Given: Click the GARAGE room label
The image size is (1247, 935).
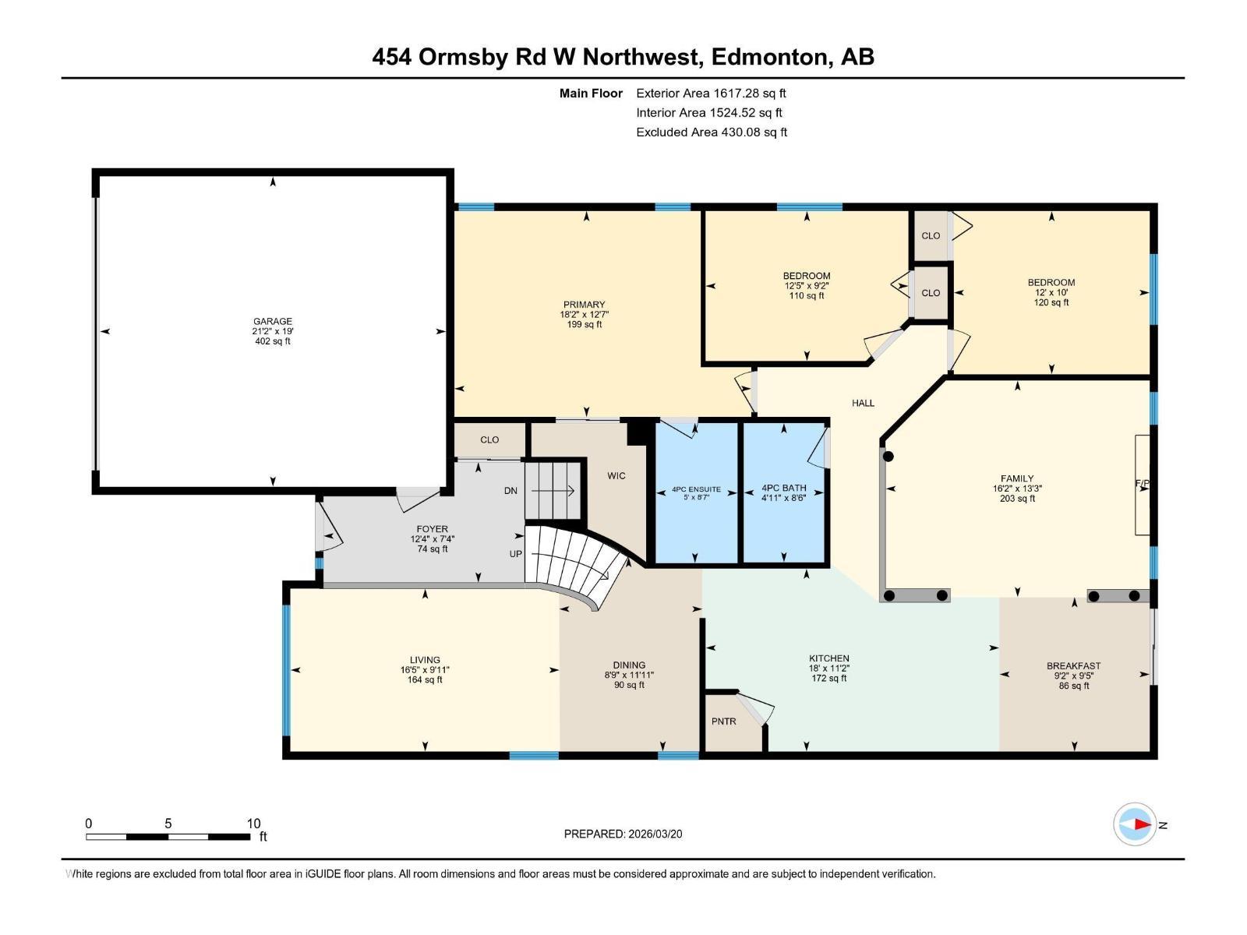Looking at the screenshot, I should [x=272, y=321].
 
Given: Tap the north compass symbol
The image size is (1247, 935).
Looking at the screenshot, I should [x=1135, y=824].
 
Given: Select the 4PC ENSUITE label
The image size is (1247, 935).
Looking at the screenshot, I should [x=696, y=489].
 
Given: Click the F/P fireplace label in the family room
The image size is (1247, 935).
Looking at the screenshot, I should [x=1142, y=484].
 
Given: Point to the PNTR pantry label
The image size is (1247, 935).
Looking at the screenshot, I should [x=723, y=722].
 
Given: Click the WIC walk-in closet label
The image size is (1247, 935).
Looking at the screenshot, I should [x=616, y=475].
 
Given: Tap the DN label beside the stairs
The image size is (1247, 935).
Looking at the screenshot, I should [x=510, y=491].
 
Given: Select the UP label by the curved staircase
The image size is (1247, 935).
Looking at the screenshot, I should [x=515, y=554].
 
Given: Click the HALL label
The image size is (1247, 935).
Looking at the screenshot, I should [x=863, y=403].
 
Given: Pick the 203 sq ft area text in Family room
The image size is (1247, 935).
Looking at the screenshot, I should [x=1017, y=499].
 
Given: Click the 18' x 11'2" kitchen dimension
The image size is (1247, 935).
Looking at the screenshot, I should [x=828, y=669].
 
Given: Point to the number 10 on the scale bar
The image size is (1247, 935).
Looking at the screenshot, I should [x=253, y=824].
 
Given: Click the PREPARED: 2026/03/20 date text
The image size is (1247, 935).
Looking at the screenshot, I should [x=623, y=834].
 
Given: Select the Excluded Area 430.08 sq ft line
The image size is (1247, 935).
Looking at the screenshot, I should [x=711, y=132].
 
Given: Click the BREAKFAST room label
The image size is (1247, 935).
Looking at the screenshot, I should [x=1073, y=665].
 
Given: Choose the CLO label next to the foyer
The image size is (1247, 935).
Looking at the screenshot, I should [x=489, y=439].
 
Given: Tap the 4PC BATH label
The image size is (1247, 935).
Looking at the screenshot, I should [x=783, y=489].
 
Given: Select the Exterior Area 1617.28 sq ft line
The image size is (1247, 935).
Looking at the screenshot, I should [x=711, y=93].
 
